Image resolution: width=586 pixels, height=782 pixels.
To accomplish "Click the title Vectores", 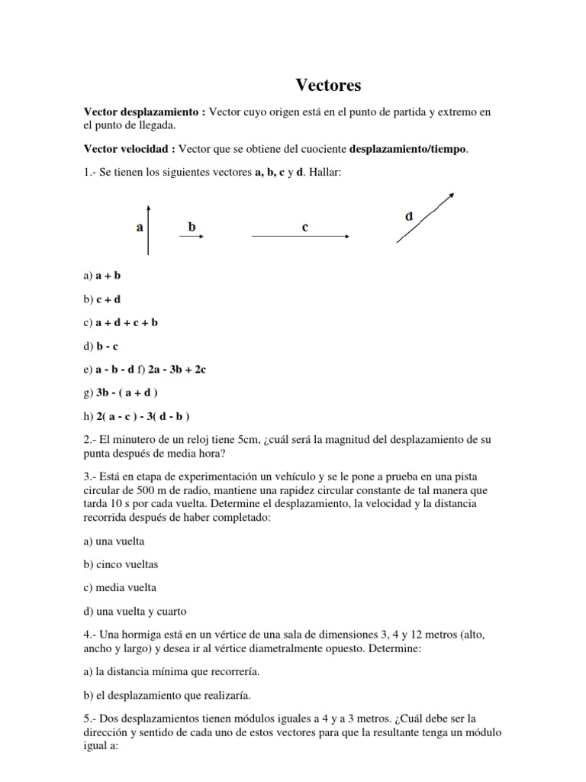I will tap(328, 85).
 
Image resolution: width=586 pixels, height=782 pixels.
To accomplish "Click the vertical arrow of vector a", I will tap(149, 229).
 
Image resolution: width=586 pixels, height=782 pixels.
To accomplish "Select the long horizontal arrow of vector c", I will tap(301, 238).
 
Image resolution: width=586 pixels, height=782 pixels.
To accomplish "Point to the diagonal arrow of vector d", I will tap(426, 218).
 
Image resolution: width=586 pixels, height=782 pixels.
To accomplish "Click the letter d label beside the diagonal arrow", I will tap(409, 216).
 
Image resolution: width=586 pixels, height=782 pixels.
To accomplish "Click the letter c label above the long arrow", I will tap(304, 227).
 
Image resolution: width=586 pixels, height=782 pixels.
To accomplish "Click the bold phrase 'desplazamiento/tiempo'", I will tap(407, 149).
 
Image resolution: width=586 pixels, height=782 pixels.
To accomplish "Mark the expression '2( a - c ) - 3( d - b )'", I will tap(143, 416).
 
